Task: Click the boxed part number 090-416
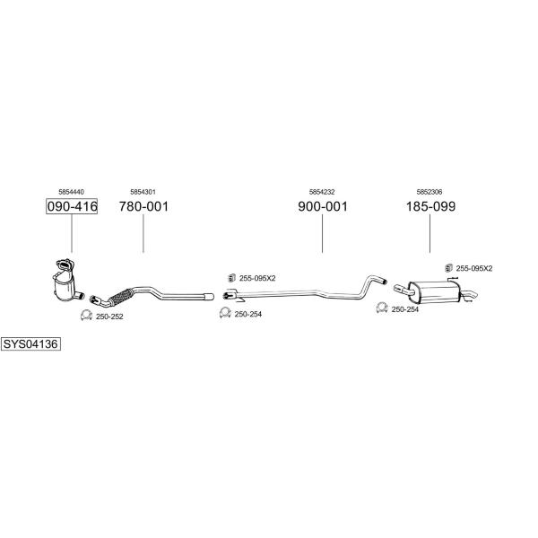[x=72, y=206]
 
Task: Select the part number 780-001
[x=143, y=206]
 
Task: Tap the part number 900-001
[x=323, y=206]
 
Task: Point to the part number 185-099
[x=430, y=206]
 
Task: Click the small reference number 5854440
[x=72, y=192]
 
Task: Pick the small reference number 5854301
[x=143, y=192]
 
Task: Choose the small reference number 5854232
[x=322, y=192]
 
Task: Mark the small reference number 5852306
[x=430, y=192]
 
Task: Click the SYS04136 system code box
[x=30, y=343]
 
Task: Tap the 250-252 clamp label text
[x=109, y=317]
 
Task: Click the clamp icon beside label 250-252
[x=86, y=315]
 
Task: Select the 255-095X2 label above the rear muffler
[x=473, y=268]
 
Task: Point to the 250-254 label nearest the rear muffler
[x=405, y=309]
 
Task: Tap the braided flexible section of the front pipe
[x=121, y=296]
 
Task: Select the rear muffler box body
[x=434, y=292]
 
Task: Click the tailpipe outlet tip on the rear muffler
[x=474, y=294]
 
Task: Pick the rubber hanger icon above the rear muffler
[x=448, y=268]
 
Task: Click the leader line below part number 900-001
[x=322, y=233]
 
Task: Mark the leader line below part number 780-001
[x=143, y=233]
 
